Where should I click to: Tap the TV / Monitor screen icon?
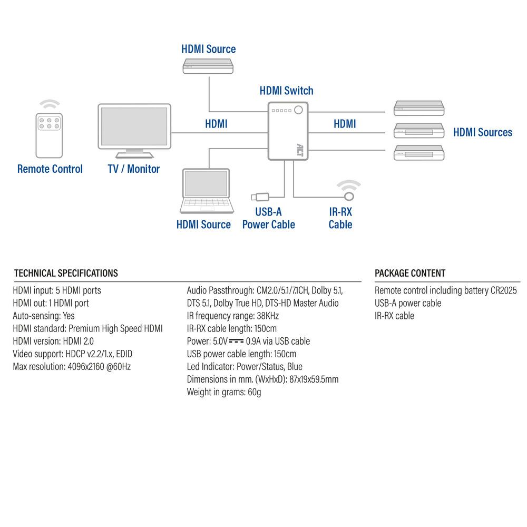pyautogui.click(x=134, y=128)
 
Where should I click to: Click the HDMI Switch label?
pyautogui.click(x=286, y=91)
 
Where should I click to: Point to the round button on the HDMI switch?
pyautogui.click(x=299, y=110)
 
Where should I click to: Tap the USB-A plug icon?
pyautogui.click(x=259, y=197)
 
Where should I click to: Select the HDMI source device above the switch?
pyautogui.click(x=209, y=66)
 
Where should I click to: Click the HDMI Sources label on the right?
pyautogui.click(x=482, y=132)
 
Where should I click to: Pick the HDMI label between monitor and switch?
pyautogui.click(x=216, y=124)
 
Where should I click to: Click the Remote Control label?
pyautogui.click(x=50, y=169)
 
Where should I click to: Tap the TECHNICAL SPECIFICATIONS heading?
pyautogui.click(x=66, y=273)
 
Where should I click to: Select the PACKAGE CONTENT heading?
pyautogui.click(x=409, y=273)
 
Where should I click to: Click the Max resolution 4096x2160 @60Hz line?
pyautogui.click(x=72, y=366)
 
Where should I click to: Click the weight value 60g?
pyautogui.click(x=254, y=392)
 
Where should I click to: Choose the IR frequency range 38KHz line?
pyautogui.click(x=232, y=316)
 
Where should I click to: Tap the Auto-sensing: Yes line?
pyautogui.click(x=44, y=316)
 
